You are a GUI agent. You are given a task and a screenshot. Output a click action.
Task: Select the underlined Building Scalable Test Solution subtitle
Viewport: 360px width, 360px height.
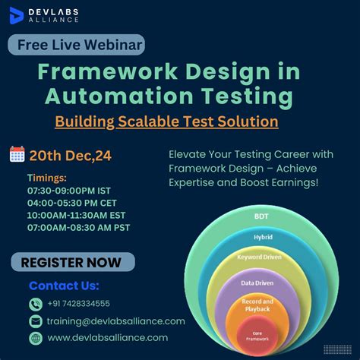[x=166, y=121]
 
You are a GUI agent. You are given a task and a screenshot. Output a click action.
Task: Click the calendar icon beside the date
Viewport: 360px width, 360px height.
[x=17, y=155]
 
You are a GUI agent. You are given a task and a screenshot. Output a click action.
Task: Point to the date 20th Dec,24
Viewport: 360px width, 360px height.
[x=71, y=156]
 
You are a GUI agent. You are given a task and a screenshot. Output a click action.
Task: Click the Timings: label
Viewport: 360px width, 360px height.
[x=48, y=177]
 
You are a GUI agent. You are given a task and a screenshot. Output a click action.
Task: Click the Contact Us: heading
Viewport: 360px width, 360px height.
[x=64, y=286]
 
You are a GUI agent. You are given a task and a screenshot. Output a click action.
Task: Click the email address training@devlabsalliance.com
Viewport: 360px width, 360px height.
[x=116, y=321]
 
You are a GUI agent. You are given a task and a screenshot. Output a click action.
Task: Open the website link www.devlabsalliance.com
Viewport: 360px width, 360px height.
[x=108, y=338]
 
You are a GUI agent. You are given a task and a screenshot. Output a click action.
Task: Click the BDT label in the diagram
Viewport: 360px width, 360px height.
[x=261, y=216]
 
